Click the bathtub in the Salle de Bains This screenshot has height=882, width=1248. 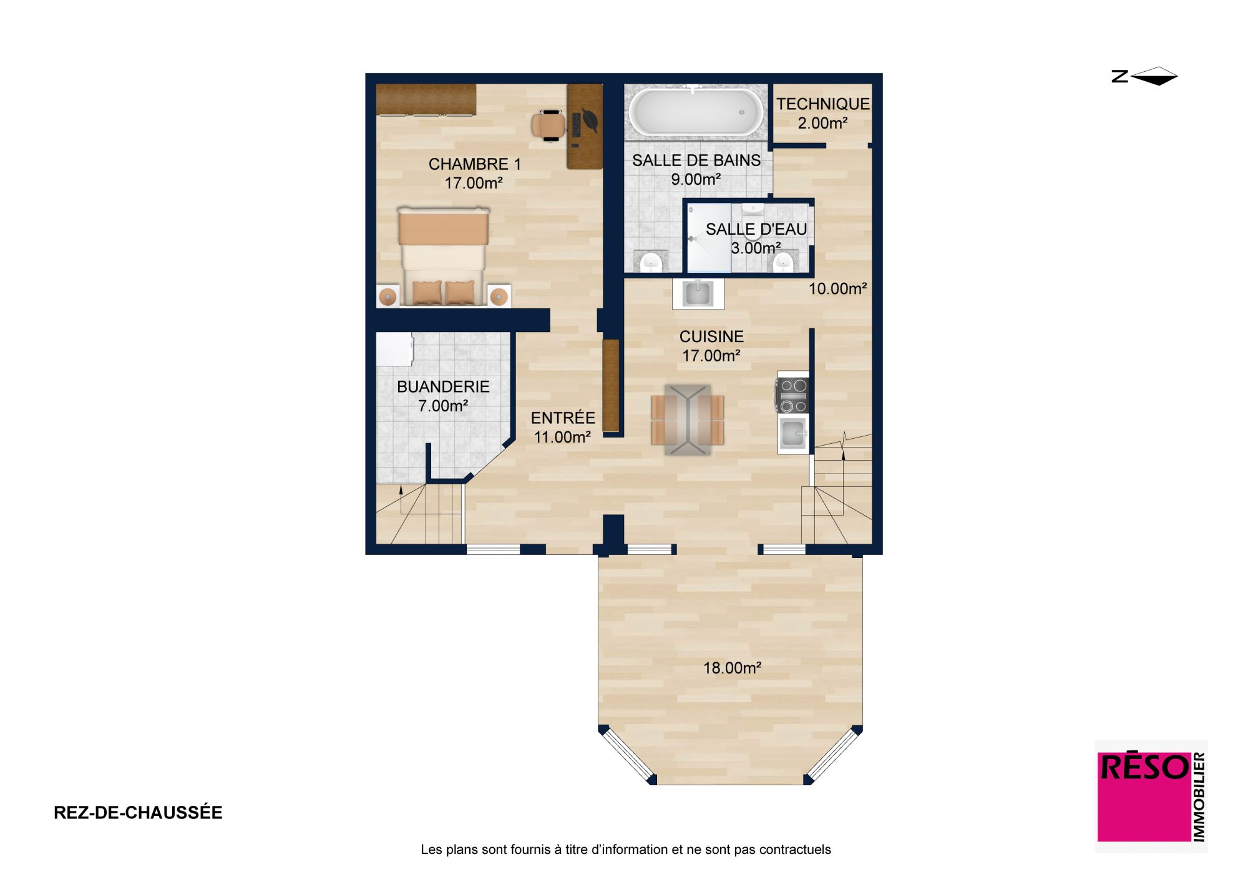pyautogui.click(x=696, y=112)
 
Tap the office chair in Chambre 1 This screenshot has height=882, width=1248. pyautogui.click(x=548, y=125)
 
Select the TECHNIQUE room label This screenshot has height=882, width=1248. pyautogui.click(x=822, y=104)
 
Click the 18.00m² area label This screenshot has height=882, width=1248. pyautogui.click(x=732, y=668)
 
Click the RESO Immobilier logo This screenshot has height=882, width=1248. pyautogui.click(x=1151, y=796)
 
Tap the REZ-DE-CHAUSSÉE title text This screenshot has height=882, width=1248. pyautogui.click(x=138, y=813)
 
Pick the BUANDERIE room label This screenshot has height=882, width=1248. pyautogui.click(x=443, y=387)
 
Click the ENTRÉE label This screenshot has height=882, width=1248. pyautogui.click(x=563, y=418)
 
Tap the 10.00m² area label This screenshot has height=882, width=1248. pyautogui.click(x=838, y=288)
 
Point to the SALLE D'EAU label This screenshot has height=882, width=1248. pyautogui.click(x=756, y=229)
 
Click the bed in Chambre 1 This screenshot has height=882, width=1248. pyautogui.click(x=443, y=257)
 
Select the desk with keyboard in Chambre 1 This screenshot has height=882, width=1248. pyautogui.click(x=585, y=126)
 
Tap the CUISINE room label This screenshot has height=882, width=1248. pyautogui.click(x=711, y=336)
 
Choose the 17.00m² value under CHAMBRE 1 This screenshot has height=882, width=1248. pyautogui.click(x=474, y=183)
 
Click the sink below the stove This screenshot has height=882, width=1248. pyautogui.click(x=793, y=432)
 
